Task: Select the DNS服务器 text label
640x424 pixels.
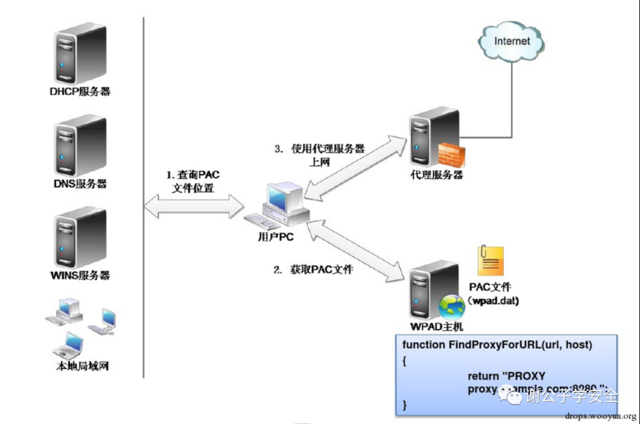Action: point(80,184)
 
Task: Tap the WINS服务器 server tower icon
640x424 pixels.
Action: point(81,236)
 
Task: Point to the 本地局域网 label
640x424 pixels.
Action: point(82,367)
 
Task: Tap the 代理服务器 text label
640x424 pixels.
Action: point(437,175)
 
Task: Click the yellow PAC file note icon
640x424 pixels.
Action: point(490,261)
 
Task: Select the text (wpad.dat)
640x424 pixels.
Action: point(493,301)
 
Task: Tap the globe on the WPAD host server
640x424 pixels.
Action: point(452,307)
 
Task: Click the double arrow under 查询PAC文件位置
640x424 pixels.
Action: point(194,207)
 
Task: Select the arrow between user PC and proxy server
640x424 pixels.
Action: point(356,166)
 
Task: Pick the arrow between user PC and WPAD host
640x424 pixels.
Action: point(356,249)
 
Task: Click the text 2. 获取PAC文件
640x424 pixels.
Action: point(313,270)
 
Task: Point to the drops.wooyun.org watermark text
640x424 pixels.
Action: point(600,416)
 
